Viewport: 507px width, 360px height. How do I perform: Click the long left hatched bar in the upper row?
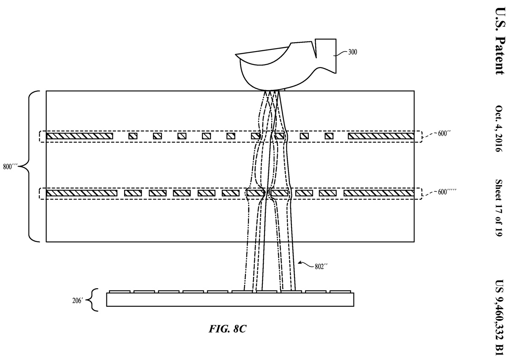pos(79,136)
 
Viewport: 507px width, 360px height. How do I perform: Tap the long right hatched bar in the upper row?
pos(381,136)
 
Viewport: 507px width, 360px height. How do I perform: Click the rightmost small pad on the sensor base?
pos(340,292)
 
